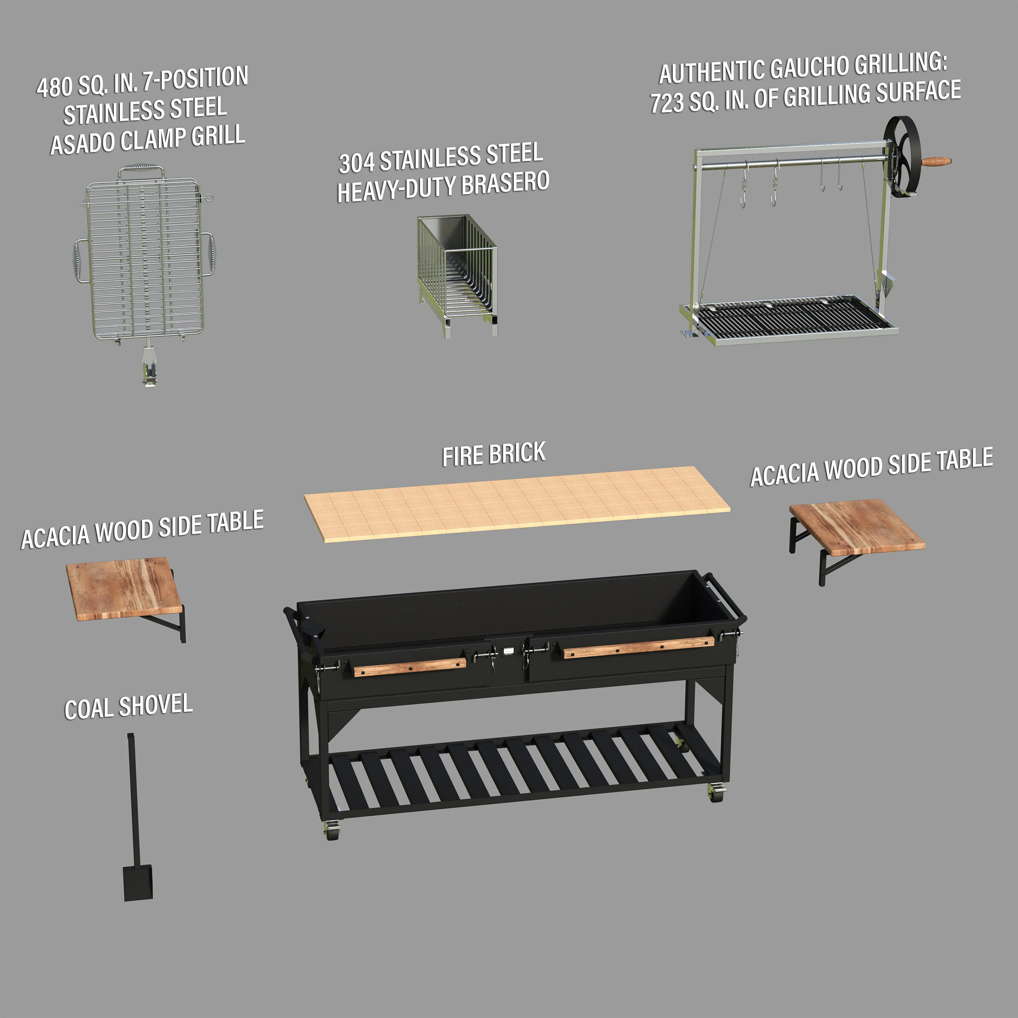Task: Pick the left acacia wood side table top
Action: [x=124, y=588]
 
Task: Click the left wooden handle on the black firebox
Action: [x=409, y=667]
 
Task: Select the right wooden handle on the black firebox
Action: [x=638, y=647]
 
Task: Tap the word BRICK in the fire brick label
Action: [x=517, y=453]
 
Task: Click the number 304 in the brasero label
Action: [x=357, y=163]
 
